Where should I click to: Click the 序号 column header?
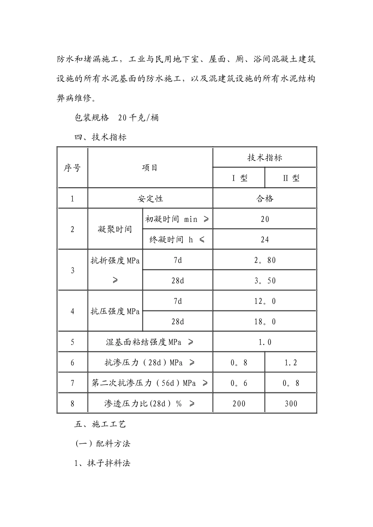(72, 168)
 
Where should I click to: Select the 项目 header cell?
(150, 168)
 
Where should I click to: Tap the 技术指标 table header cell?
(264, 158)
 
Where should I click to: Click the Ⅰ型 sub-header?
(239, 178)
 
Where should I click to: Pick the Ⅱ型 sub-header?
(291, 178)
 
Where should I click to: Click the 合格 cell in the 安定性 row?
(264, 198)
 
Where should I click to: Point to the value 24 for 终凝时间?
(265, 240)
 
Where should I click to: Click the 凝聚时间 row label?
(115, 229)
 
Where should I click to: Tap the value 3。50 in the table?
(265, 281)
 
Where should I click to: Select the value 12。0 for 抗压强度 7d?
(265, 301)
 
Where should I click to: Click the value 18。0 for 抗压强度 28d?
(265, 322)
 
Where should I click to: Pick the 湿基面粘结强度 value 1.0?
(265, 342)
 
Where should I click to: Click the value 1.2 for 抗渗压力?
(291, 363)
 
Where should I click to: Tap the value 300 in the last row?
(291, 403)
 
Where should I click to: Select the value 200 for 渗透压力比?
(239, 403)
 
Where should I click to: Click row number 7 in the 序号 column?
(72, 383)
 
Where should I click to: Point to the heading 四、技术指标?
(101, 137)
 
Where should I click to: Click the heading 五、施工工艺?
(101, 424)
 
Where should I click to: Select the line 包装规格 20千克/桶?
(117, 118)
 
